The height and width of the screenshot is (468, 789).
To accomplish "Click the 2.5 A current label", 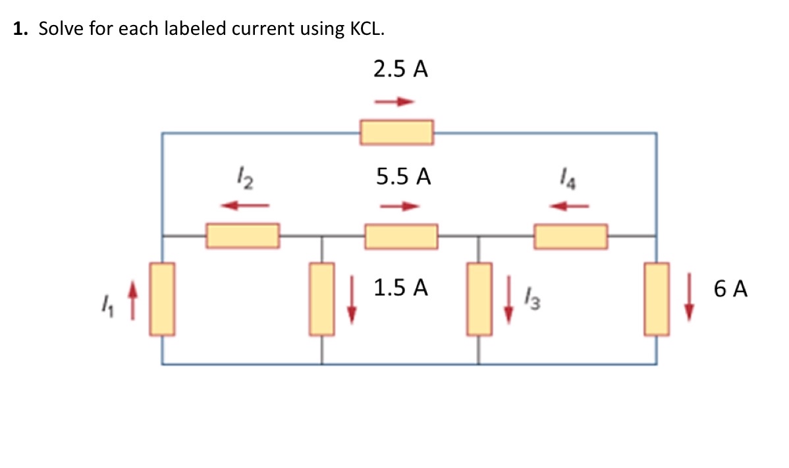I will [400, 70].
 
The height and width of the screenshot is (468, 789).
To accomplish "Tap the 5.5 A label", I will [404, 176].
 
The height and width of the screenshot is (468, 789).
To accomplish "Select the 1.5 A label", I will [400, 288].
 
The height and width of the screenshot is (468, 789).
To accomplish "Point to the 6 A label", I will [730, 288].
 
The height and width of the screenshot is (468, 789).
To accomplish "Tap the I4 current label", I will [568, 178].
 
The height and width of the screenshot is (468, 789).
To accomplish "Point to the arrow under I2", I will [243, 206].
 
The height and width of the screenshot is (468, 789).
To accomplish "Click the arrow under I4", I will [568, 207].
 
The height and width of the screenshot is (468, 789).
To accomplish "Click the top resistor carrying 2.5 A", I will [396, 132].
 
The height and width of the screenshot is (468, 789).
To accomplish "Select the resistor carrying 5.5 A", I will [401, 236].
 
